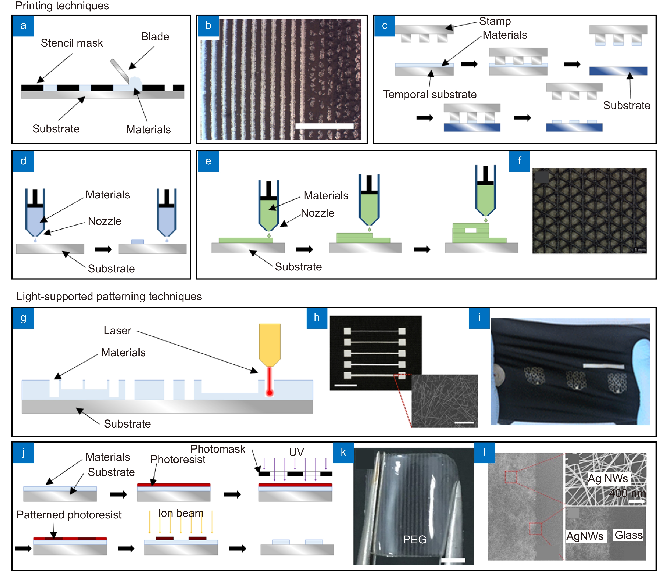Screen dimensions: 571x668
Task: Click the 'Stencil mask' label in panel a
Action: click(72, 43)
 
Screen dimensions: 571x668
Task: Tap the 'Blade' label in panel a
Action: click(155, 36)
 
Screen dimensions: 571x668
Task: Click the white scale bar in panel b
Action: click(324, 126)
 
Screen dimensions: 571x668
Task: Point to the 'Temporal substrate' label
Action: click(429, 94)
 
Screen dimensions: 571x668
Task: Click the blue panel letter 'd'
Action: click(23, 161)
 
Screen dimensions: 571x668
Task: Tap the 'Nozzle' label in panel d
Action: click(105, 221)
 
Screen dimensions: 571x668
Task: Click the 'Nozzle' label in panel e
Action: click(317, 213)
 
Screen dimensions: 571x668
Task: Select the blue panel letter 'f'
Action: click(519, 161)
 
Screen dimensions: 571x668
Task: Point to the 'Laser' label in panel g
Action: click(117, 331)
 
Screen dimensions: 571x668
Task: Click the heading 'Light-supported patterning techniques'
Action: click(109, 297)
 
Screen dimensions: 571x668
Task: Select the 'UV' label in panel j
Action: click(296, 452)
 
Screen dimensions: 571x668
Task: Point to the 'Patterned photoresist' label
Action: click(69, 515)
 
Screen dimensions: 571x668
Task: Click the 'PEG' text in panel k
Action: click(415, 539)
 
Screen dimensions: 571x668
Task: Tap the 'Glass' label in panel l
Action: click(628, 535)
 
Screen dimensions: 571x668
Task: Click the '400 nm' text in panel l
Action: click(627, 493)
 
